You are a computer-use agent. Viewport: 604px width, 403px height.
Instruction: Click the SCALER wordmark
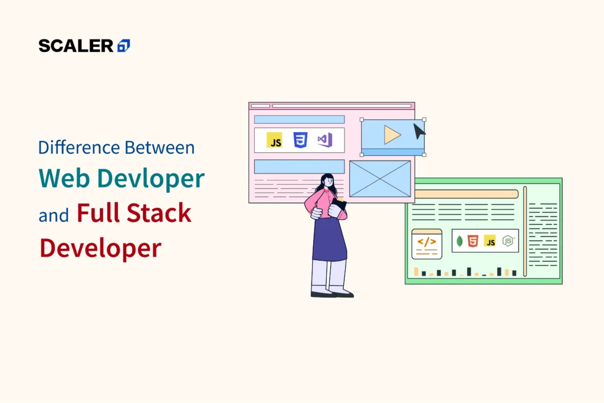tap(75, 45)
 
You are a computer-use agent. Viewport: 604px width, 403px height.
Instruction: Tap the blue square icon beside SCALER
tap(124, 45)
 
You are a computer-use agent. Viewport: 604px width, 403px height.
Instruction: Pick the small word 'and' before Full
tap(54, 216)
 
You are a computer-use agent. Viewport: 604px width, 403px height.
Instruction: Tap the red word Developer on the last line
tap(100, 248)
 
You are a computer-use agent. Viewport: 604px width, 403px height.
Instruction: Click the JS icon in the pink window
tap(274, 140)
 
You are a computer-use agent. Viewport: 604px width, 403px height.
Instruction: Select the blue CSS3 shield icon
tap(300, 140)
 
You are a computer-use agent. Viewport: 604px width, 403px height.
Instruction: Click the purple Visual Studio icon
tap(324, 140)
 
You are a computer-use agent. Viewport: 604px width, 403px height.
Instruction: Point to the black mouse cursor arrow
tap(418, 130)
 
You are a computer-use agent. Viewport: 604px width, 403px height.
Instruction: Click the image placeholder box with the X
tap(380, 178)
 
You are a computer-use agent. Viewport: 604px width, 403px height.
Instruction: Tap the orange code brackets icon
tap(426, 241)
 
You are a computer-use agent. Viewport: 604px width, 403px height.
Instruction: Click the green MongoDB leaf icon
tap(459, 241)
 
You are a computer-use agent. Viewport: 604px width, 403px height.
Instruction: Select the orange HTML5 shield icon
tap(472, 241)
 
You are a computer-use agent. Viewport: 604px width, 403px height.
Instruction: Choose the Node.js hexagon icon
tap(507, 241)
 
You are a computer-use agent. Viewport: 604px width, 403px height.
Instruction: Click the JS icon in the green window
tap(490, 241)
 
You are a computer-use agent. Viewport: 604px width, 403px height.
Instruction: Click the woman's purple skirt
tap(329, 240)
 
